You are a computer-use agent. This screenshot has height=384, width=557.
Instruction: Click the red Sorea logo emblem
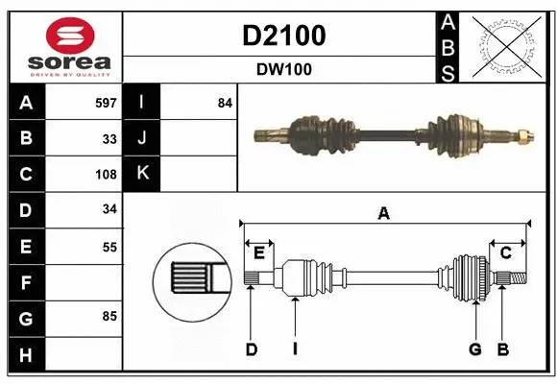[x=63, y=36]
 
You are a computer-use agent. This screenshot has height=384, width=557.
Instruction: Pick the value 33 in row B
[x=109, y=138]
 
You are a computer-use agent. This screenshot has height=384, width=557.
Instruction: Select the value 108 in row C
[x=106, y=175]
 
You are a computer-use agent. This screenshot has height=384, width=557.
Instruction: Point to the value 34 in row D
[x=109, y=210]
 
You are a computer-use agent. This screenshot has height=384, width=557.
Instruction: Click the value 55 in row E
[x=109, y=247]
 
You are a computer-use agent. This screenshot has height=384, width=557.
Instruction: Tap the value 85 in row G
[x=109, y=315]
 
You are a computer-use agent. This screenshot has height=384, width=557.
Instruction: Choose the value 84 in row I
[x=225, y=103]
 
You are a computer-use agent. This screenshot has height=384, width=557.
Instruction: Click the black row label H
[x=26, y=355]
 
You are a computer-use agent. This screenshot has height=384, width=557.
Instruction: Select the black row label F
[x=26, y=283]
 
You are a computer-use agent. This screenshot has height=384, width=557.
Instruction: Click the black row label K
[x=142, y=175]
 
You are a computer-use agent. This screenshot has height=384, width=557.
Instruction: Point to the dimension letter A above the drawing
[x=384, y=214]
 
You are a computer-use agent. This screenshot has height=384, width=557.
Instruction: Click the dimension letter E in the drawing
[x=259, y=252]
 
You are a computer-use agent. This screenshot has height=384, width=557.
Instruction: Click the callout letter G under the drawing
[x=474, y=349]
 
